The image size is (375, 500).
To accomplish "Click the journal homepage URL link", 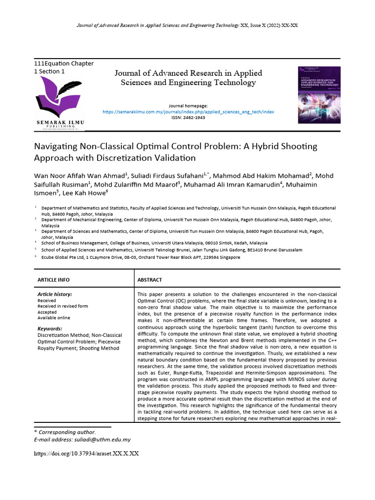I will point(188,112).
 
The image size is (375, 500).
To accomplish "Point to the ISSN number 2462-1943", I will point(188,118).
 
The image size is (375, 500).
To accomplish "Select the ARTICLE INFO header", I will point(54,280).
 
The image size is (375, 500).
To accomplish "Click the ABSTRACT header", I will point(150,280).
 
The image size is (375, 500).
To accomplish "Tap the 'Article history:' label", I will point(55,294).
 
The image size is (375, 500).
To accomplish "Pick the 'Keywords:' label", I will point(50,329).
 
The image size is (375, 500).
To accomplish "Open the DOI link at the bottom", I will point(86,453).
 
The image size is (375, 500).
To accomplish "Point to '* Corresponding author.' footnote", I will point(64,432).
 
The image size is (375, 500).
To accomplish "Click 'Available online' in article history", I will point(54,318).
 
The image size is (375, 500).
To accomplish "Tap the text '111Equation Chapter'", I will point(63,63).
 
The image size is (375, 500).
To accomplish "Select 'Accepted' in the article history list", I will point(47,312).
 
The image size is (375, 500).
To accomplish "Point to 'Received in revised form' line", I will point(63,306).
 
